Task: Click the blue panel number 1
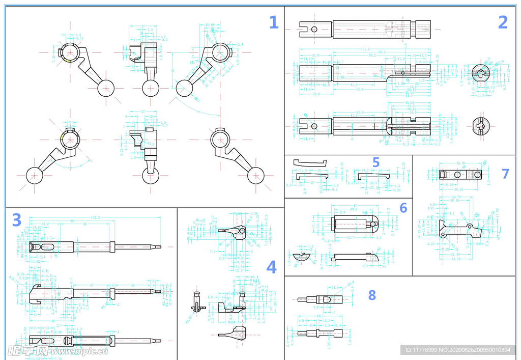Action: pyautogui.click(x=274, y=23)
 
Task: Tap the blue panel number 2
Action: pyautogui.click(x=503, y=22)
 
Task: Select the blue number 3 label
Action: pyautogui.click(x=16, y=220)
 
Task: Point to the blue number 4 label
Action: pyautogui.click(x=271, y=267)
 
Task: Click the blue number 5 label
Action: pyautogui.click(x=375, y=162)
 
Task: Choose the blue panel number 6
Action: pyautogui.click(x=403, y=208)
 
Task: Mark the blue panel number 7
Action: pyautogui.click(x=505, y=174)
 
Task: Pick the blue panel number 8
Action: pyautogui.click(x=372, y=295)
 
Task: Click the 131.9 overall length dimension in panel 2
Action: pyautogui.click(x=365, y=49)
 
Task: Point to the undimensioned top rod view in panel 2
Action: pyautogui.click(x=365, y=29)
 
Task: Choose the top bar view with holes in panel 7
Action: pyautogui.click(x=460, y=175)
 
